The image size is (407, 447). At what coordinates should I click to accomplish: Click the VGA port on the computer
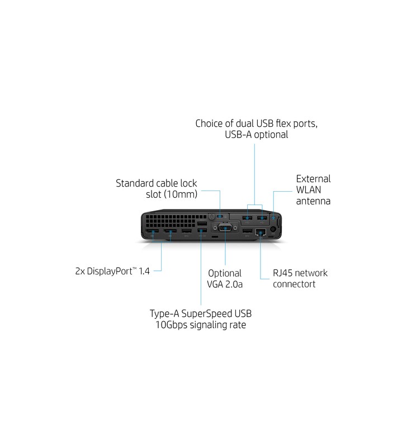(x=225, y=228)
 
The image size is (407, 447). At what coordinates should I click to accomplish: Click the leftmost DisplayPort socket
(x=153, y=231)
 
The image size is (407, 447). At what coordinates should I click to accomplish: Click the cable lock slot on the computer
(x=220, y=216)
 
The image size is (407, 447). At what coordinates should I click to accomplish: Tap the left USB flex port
(x=248, y=217)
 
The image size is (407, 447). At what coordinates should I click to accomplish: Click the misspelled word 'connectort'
(x=294, y=284)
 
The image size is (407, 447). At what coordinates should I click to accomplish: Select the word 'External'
(x=313, y=179)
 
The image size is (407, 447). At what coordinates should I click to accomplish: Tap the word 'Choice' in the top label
(x=209, y=123)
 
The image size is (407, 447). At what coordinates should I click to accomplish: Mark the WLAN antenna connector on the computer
(x=273, y=217)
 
